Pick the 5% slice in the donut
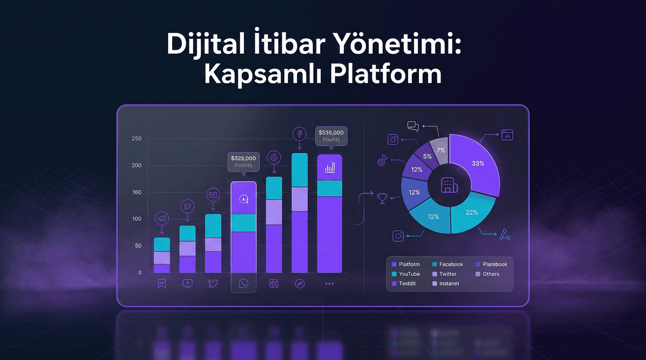tap(427, 157)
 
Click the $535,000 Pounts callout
tap(331, 136)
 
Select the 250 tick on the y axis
tap(136, 139)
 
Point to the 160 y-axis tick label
tap(136, 192)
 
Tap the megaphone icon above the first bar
tap(162, 218)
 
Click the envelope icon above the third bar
tap(213, 195)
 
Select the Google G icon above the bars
tap(274, 157)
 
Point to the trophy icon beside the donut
tap(383, 199)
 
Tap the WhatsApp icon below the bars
tap(243, 283)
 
